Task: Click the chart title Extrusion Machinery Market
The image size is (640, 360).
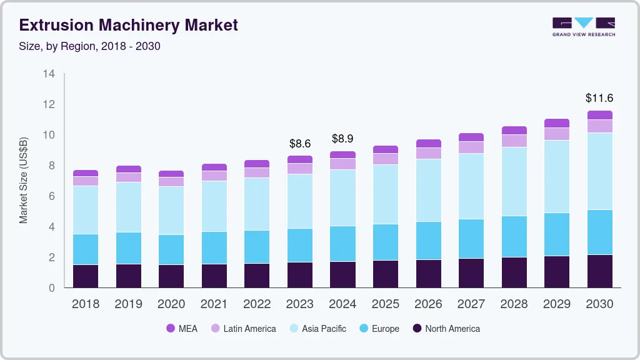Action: (128, 26)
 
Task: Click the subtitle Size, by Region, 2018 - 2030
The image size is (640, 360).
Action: (89, 46)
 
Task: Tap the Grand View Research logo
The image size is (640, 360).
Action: (583, 26)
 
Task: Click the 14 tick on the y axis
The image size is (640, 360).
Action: (49, 74)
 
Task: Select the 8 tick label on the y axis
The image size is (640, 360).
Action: (52, 166)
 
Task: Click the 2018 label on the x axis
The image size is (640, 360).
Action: (86, 304)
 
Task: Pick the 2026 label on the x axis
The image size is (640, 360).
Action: (428, 304)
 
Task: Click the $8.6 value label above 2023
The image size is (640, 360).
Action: (300, 143)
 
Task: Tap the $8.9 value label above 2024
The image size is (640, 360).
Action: (342, 138)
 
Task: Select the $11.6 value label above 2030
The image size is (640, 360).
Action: (599, 98)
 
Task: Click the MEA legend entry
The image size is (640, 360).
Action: (182, 328)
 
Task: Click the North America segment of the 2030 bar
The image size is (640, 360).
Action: (599, 271)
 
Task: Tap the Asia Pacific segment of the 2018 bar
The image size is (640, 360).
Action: (86, 210)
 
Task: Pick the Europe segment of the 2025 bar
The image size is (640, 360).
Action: (386, 242)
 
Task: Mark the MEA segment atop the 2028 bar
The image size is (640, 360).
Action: (514, 131)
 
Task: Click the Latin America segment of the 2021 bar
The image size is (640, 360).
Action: (214, 176)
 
